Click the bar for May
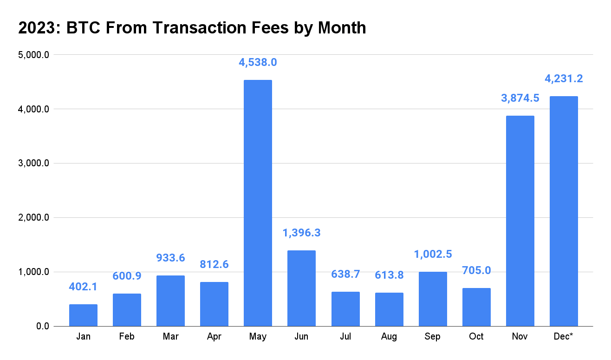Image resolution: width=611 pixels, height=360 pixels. [x=258, y=203]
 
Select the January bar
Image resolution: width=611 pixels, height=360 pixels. [x=83, y=315]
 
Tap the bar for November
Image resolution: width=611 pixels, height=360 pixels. [x=520, y=221]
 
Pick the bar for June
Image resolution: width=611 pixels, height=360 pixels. [x=301, y=288]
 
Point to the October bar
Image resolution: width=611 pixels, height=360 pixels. [x=476, y=307]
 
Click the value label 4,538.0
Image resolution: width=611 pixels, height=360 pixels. [x=258, y=62]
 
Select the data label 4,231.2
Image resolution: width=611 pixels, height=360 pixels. [x=564, y=79]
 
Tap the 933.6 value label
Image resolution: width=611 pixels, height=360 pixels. [x=170, y=258]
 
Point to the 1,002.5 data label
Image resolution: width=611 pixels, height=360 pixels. [x=433, y=254]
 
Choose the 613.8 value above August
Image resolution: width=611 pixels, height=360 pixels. [x=389, y=275]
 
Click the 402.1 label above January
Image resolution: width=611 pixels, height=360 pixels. [x=83, y=287]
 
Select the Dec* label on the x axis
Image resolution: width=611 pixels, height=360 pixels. [x=564, y=336]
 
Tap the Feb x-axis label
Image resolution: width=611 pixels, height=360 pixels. [x=127, y=336]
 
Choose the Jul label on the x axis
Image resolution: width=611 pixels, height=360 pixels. [x=345, y=336]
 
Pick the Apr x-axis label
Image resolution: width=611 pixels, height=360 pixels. [x=214, y=336]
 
